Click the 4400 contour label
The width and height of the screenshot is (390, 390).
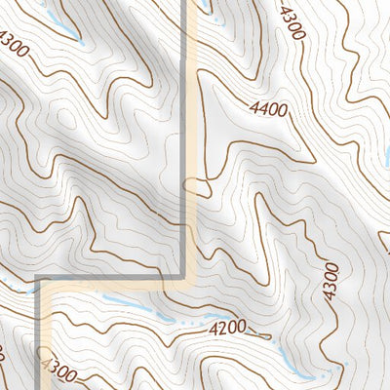coord(269,110)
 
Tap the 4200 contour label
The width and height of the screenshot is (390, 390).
coord(226,330)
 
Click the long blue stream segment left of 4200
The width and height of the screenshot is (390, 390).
coord(136,309)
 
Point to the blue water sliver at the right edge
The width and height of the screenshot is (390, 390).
coord(386,156)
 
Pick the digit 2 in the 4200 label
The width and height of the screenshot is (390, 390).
coord(220,330)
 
